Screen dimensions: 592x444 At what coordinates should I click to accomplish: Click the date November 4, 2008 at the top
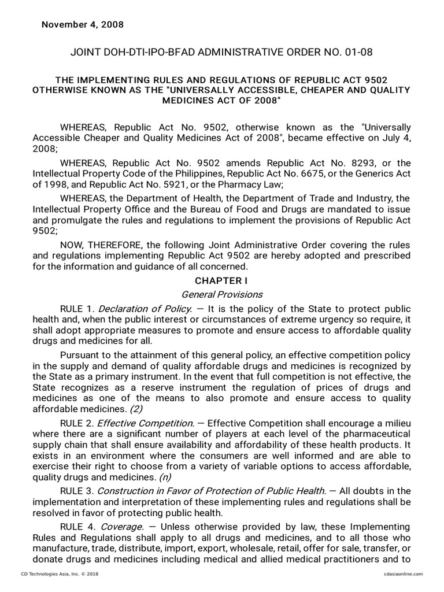82,25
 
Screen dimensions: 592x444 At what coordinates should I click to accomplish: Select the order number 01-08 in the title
360,53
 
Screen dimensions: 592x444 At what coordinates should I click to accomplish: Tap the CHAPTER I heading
221,280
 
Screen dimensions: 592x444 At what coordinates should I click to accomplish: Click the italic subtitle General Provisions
221,294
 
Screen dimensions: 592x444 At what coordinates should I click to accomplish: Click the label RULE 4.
76,527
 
